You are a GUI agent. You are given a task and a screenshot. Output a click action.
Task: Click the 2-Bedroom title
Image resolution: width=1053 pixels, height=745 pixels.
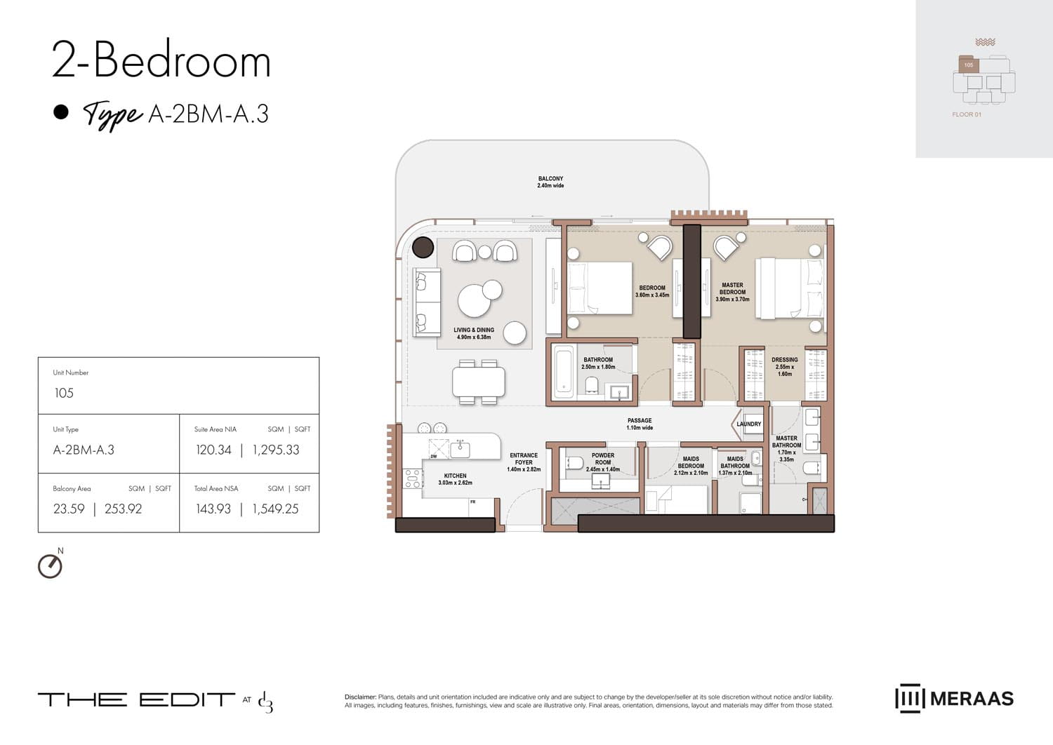click(x=161, y=61)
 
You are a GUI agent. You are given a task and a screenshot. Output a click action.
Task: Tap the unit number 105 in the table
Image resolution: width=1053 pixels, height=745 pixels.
click(x=64, y=393)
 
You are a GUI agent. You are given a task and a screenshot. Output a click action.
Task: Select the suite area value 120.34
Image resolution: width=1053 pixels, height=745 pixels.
click(x=213, y=450)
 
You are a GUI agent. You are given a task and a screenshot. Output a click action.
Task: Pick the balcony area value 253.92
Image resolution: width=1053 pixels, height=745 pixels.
click(x=123, y=509)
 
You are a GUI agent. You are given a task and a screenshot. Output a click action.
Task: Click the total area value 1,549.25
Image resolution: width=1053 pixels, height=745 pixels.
click(x=275, y=509)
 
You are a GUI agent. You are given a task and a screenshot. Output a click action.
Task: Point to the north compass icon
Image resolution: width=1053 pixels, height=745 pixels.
click(x=50, y=565)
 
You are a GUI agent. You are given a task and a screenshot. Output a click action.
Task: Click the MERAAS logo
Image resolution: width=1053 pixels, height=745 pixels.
click(x=954, y=698)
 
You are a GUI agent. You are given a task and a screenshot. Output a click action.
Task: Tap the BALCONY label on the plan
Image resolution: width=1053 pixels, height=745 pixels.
click(x=550, y=179)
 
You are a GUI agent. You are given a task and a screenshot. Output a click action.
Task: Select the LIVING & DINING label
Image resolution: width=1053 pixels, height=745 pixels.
click(x=474, y=330)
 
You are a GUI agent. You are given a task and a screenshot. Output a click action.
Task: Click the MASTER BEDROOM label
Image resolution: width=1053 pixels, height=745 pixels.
click(x=732, y=289)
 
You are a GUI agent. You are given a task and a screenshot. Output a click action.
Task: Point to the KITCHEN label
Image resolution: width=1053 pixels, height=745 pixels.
click(x=455, y=476)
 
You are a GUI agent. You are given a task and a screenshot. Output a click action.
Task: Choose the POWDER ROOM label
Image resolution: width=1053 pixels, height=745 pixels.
click(x=603, y=459)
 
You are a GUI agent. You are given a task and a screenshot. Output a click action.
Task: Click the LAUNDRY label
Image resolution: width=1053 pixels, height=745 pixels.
click(x=748, y=424)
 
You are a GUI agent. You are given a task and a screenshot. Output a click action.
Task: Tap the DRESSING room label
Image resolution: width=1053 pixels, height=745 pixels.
click(x=784, y=360)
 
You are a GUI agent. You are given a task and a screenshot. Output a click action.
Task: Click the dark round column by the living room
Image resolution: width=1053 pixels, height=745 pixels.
click(x=423, y=247)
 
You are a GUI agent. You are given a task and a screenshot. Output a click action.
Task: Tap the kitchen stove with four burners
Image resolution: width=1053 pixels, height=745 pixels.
click(x=413, y=478)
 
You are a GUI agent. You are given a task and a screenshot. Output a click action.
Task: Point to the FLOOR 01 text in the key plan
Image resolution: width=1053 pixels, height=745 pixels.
click(x=967, y=114)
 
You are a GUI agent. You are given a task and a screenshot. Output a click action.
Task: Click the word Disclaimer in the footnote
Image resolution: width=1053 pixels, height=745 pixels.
click(x=360, y=697)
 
